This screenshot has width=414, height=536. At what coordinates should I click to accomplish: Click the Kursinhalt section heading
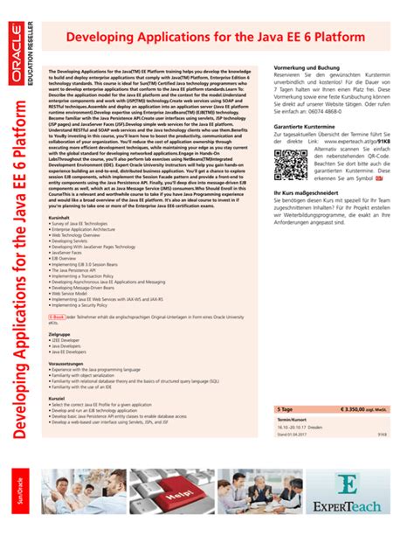pyautogui.click(x=59, y=217)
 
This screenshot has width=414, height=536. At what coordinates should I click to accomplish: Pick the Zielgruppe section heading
pyautogui.click(x=59, y=334)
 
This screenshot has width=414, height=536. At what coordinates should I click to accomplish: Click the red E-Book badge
pyautogui.click(x=57, y=317)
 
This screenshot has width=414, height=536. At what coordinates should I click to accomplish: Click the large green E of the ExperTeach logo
pyautogui.click(x=348, y=485)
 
